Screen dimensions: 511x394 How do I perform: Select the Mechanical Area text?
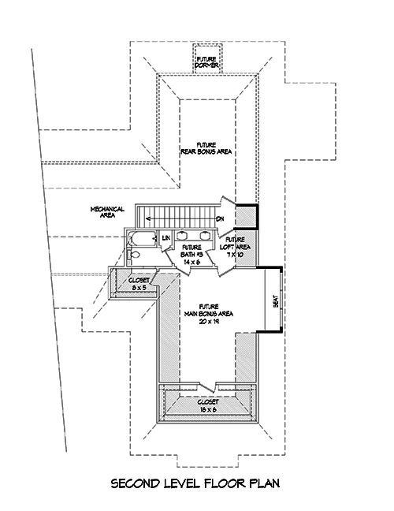click(x=103, y=211)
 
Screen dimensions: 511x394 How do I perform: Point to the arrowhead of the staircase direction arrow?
click(x=143, y=218)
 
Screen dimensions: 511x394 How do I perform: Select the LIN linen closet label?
click(x=166, y=237)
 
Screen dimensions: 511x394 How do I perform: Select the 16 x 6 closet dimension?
click(x=208, y=408)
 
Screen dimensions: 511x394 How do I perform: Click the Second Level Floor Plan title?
click(x=196, y=482)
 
